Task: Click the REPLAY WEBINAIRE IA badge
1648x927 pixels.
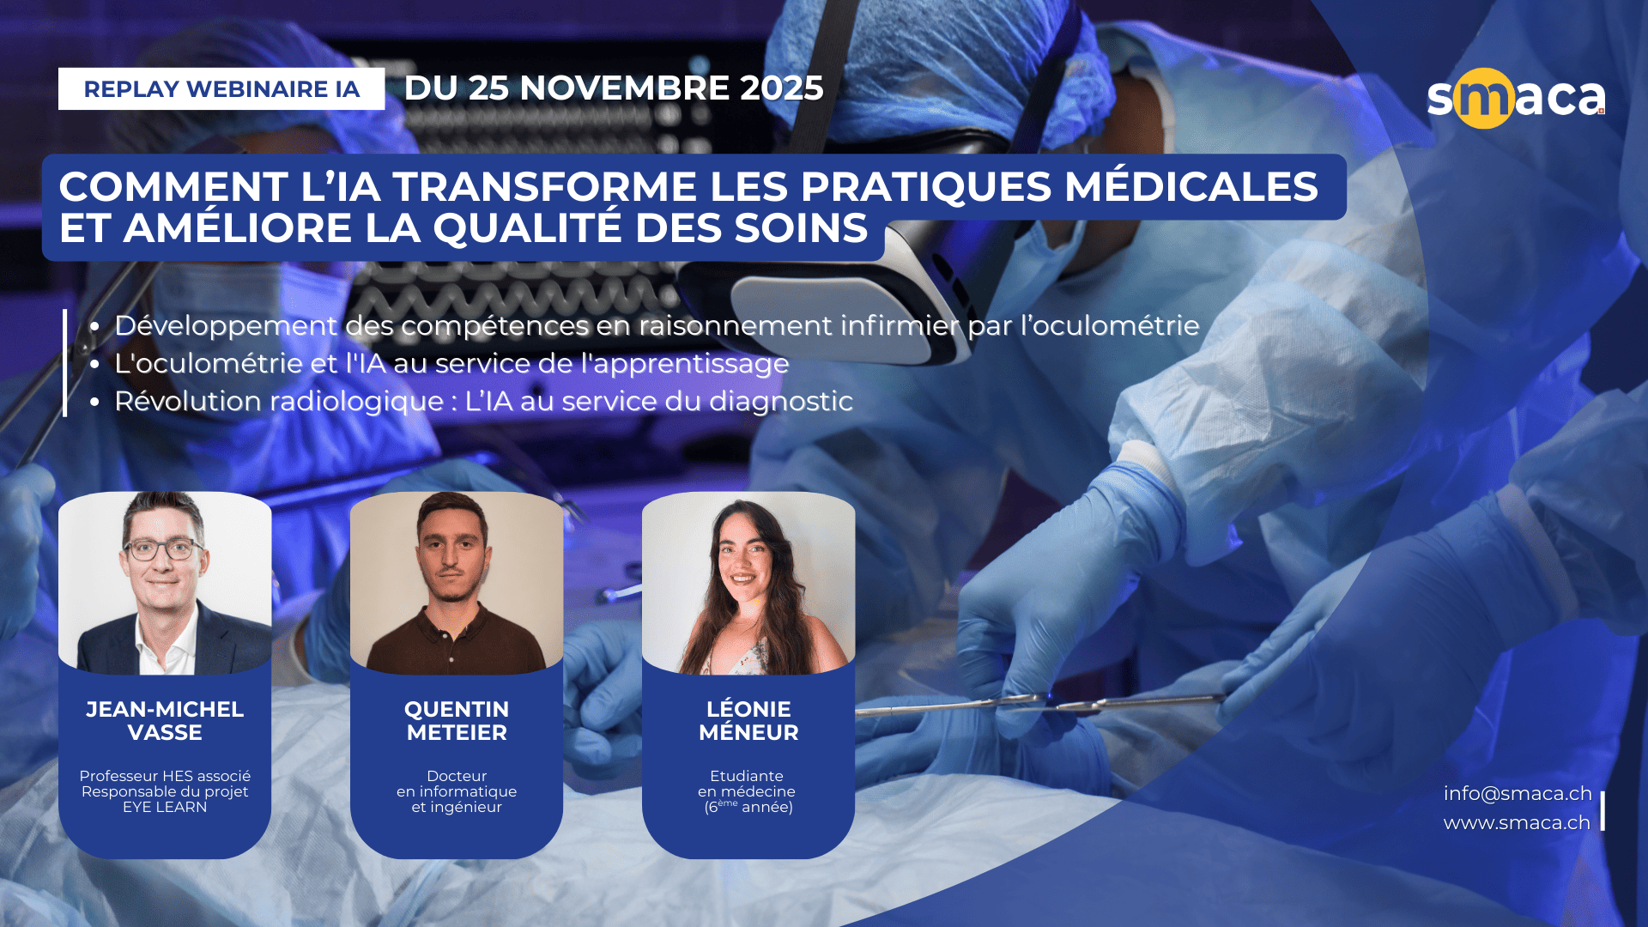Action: point(221,88)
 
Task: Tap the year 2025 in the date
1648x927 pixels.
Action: point(781,88)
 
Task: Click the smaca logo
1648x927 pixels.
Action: point(1516,98)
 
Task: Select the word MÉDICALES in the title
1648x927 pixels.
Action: point(1191,186)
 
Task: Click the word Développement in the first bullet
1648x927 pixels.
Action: point(226,326)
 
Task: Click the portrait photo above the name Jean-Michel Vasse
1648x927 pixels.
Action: point(165,583)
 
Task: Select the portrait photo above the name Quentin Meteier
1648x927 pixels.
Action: point(457,583)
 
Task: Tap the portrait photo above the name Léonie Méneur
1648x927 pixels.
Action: point(748,583)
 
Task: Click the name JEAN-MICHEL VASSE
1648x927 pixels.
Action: point(165,721)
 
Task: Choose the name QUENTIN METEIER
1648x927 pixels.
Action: point(457,721)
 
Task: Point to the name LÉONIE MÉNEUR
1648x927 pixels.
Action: point(748,720)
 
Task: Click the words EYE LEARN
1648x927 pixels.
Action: point(165,808)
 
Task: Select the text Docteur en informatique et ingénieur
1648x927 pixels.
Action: point(457,791)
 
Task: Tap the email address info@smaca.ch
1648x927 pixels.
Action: point(1518,794)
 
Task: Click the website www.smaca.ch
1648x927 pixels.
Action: point(1517,823)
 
